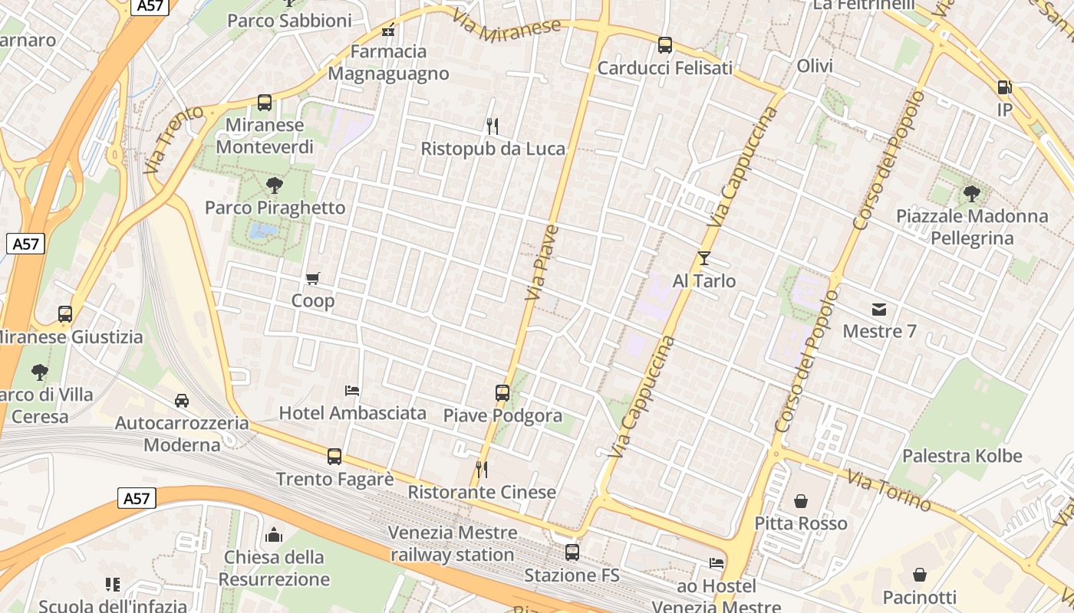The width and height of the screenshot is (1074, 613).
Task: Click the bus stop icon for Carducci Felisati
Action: pos(665,45)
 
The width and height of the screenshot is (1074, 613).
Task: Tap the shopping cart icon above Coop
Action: pos(312,278)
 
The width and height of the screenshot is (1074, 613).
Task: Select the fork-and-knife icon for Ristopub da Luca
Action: pos(493,126)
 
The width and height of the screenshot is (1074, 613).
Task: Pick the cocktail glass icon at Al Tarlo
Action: pos(704,258)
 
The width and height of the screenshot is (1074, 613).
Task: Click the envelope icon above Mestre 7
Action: pos(879,310)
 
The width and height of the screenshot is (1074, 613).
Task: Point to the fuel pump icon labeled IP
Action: pos(1004,87)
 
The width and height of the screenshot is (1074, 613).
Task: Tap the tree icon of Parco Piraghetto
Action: pos(274,185)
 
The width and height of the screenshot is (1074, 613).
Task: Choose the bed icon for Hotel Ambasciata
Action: pos(352,390)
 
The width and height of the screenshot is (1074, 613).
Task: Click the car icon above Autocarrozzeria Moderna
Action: pos(182,400)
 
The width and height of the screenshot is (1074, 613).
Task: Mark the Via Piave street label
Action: pos(542,262)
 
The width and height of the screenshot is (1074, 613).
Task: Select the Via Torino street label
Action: pos(889,490)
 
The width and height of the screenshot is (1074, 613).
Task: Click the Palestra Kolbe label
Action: pos(962,456)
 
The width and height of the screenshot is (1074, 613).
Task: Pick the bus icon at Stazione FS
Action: pos(572,552)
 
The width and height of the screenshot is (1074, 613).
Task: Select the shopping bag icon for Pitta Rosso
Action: pos(801,501)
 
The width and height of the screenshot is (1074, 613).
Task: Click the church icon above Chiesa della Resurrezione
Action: pos(274,535)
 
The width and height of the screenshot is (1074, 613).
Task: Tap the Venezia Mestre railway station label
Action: pos(453,543)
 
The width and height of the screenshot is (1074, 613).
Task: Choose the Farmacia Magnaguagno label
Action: pos(388,62)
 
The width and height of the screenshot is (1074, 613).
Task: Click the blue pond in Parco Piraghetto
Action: pos(263,230)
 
